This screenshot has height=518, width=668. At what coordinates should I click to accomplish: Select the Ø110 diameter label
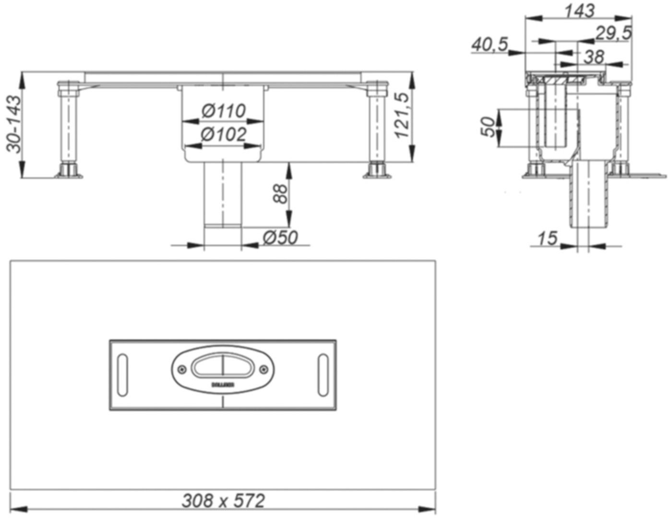tap(224, 111)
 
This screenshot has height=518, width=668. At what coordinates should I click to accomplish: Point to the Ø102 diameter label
tap(224, 134)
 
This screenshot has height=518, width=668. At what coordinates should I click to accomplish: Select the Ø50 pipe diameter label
tap(280, 237)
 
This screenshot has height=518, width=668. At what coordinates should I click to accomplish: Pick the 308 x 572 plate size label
tap(223, 501)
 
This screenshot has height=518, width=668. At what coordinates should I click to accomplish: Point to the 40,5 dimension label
tap(489, 45)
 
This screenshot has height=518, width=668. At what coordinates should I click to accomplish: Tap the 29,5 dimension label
tap(613, 33)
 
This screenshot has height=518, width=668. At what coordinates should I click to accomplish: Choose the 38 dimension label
tap(594, 57)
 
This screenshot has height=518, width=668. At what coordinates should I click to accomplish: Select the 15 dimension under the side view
tap(547, 238)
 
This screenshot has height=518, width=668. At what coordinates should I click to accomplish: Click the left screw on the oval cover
tap(181, 369)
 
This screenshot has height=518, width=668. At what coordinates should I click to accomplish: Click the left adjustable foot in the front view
tap(68, 171)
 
